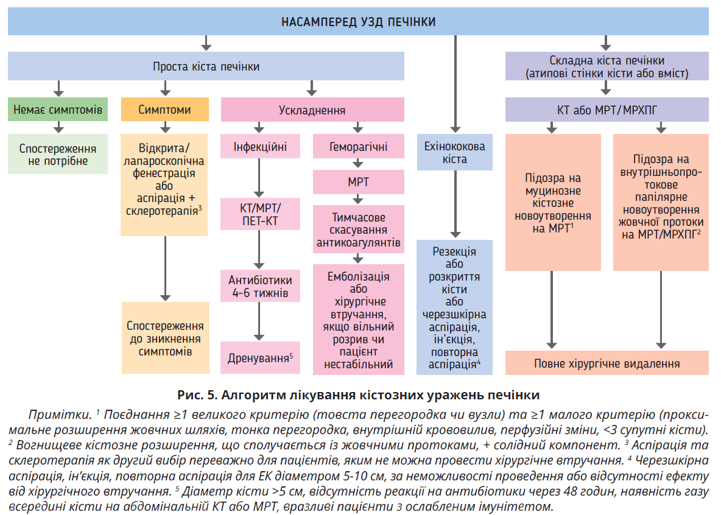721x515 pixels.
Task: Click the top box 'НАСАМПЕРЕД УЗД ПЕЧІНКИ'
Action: tap(358, 23)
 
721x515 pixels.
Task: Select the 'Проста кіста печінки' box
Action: tap(206, 66)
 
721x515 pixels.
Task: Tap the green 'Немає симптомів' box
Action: tap(58, 110)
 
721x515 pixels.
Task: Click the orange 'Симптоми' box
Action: tap(164, 110)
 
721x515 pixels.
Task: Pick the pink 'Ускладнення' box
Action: tap(312, 110)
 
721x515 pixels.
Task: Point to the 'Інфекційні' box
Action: tap(260, 147)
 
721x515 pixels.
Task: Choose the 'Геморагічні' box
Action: tap(358, 147)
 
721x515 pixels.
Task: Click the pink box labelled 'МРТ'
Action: tap(358, 182)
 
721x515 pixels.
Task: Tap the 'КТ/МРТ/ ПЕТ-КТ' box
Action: tap(260, 214)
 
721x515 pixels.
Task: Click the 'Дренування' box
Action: tap(260, 357)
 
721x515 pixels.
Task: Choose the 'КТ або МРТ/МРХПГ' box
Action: tap(607, 110)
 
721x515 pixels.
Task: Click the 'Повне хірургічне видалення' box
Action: tap(607, 363)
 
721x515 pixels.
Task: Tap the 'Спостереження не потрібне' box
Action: tap(58, 155)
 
